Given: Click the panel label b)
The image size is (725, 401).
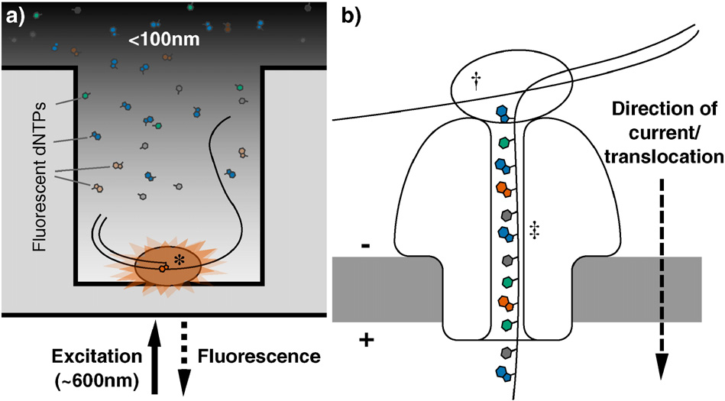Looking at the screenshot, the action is (352, 16).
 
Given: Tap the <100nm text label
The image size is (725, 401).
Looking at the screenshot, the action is (164, 39).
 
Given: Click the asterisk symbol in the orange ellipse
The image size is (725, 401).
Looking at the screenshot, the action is (180, 260).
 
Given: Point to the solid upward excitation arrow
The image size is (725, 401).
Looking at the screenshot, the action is (154, 357).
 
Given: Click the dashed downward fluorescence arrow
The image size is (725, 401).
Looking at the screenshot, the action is (184, 358).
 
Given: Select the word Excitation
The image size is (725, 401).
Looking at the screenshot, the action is (97, 357).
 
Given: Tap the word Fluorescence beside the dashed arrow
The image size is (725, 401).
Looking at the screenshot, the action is (259, 357).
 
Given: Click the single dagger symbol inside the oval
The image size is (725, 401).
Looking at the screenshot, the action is (476, 82).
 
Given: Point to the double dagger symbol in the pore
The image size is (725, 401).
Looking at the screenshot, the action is (535, 230).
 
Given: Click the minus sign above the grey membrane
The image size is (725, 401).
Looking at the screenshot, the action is (365, 246).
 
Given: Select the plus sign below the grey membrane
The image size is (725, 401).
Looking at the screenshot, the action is (366, 341).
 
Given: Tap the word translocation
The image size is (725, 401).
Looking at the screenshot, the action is (664, 157).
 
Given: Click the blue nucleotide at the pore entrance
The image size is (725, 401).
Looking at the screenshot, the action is (503, 114).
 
